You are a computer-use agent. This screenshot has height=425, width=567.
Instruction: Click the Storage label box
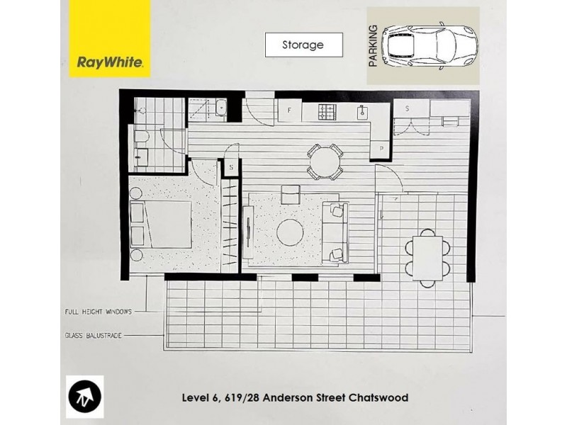pyautogui.click(x=303, y=45)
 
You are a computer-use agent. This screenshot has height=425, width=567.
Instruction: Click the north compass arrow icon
pyautogui.click(x=85, y=397)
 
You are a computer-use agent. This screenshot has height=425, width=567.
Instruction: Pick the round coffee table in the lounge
pyautogui.click(x=291, y=232)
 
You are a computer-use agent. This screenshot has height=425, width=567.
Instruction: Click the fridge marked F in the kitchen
pyautogui.click(x=289, y=111)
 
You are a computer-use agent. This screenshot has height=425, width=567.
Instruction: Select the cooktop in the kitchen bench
pyautogui.click(x=327, y=111)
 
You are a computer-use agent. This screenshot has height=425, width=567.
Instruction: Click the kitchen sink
pyautogui.click(x=362, y=111)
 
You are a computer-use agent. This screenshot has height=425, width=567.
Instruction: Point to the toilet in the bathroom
pyautogui.click(x=141, y=140)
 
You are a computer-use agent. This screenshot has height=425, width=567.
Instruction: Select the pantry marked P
pyautogui.click(x=381, y=149)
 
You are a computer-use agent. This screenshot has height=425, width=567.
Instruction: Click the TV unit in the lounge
pyautogui.click(x=248, y=233)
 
